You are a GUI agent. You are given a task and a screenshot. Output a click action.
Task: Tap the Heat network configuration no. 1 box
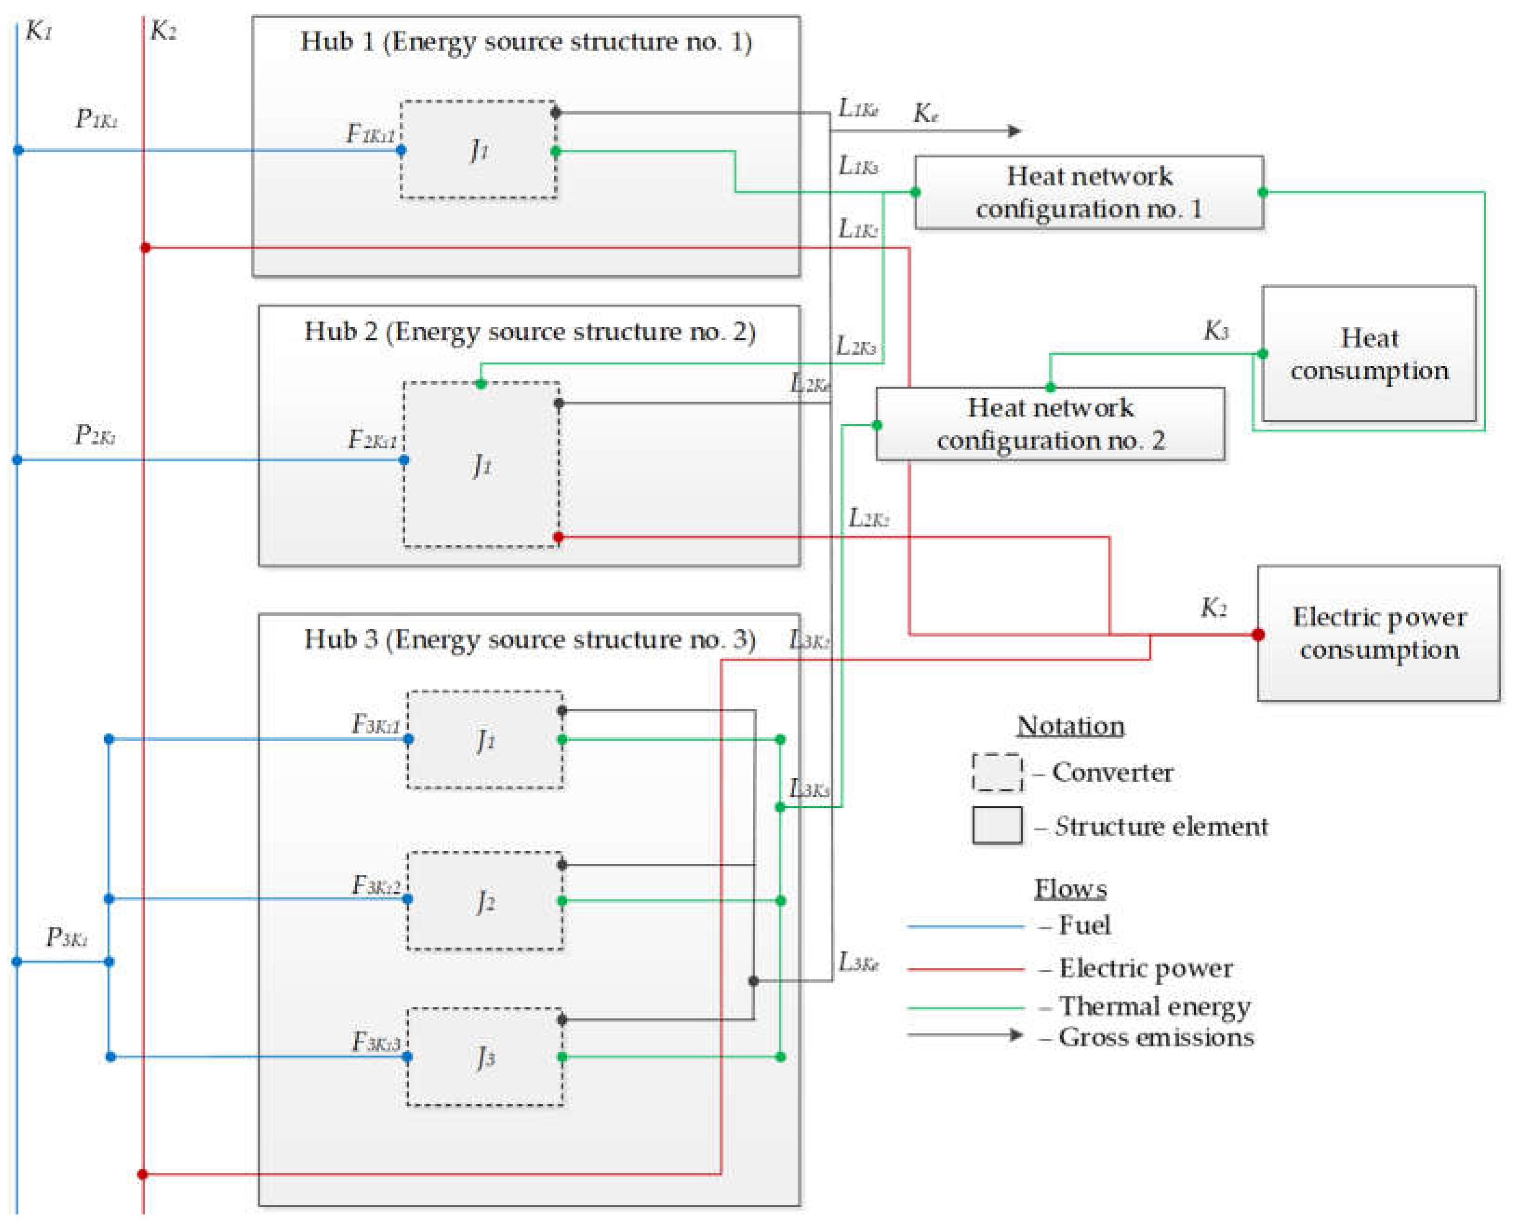click(1088, 192)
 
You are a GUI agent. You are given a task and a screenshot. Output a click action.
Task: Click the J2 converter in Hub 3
click(485, 901)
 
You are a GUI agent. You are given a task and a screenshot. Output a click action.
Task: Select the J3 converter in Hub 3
click(485, 1056)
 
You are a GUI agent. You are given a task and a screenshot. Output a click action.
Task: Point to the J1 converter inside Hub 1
click(478, 149)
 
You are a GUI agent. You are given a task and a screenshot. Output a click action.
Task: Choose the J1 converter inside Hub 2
click(482, 464)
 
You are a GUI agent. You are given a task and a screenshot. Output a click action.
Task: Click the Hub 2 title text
click(529, 331)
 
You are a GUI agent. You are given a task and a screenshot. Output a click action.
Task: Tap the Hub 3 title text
click(529, 639)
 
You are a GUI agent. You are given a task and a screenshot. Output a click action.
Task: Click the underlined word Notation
click(1070, 726)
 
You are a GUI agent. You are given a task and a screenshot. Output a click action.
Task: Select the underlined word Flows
click(1070, 888)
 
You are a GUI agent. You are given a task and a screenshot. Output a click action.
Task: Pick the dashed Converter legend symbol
click(997, 772)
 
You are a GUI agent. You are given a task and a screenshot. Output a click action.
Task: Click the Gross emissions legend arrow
click(965, 1035)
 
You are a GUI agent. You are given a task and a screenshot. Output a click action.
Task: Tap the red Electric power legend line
click(965, 969)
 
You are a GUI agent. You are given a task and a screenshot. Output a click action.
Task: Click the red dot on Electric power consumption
click(1258, 634)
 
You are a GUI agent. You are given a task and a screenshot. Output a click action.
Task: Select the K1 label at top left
click(39, 31)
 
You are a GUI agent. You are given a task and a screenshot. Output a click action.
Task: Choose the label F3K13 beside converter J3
click(375, 1042)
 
